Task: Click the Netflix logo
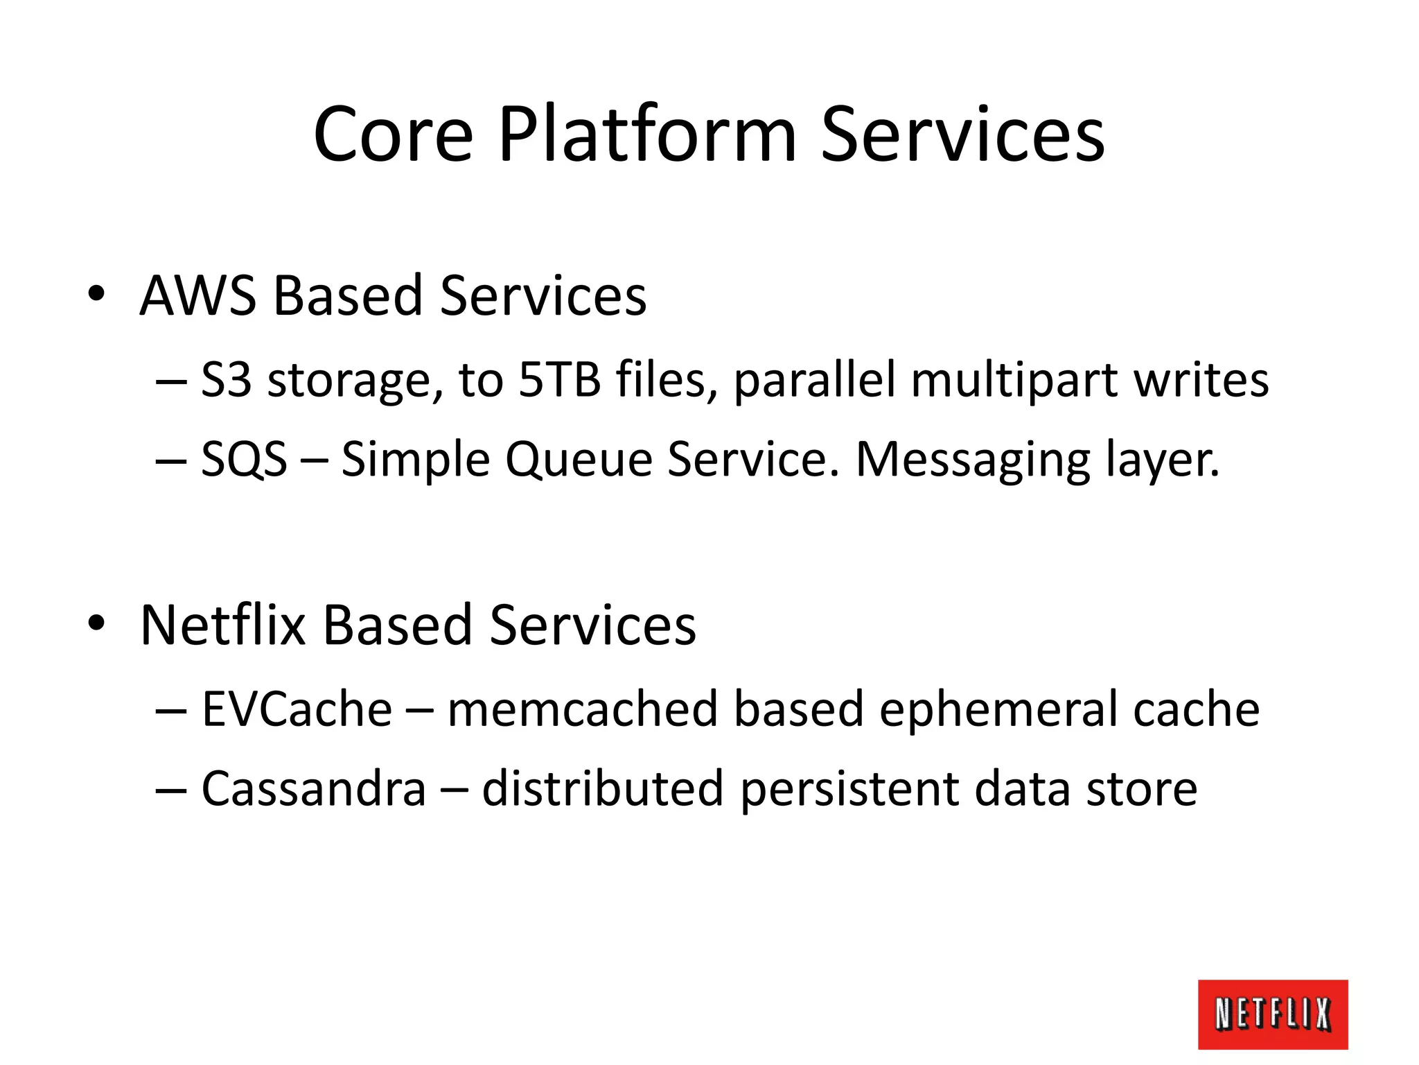(x=1272, y=1014)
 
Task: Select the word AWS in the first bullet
(x=197, y=296)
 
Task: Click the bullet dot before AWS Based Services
(x=96, y=294)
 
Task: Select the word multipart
(x=1014, y=381)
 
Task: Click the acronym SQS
(x=244, y=459)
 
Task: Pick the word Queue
(x=579, y=459)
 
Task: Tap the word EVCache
(x=297, y=709)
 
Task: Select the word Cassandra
(x=313, y=788)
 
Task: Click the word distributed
(x=602, y=788)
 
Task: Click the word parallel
(x=815, y=381)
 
